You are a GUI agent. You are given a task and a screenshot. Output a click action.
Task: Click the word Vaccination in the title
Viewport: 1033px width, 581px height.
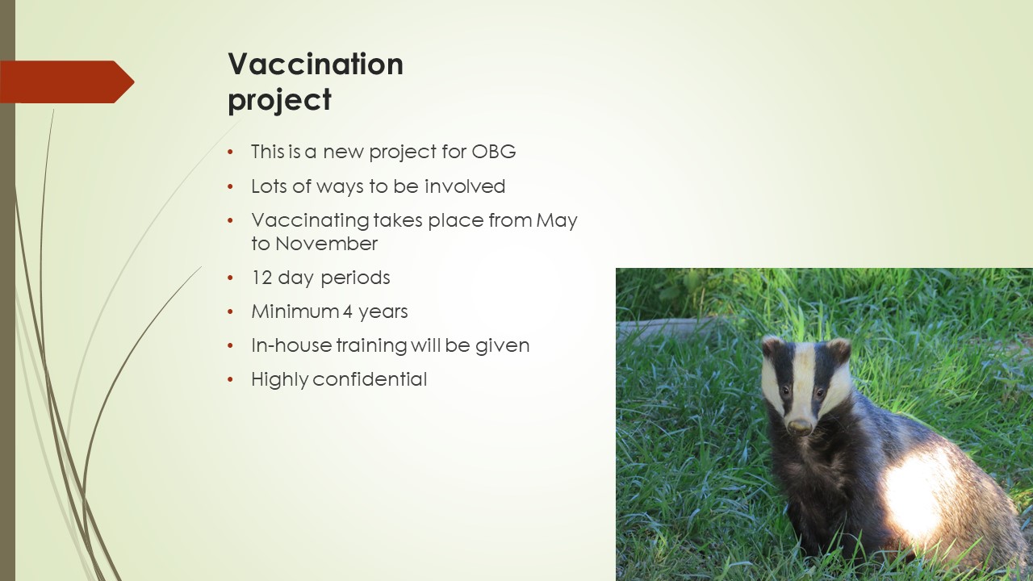(316, 64)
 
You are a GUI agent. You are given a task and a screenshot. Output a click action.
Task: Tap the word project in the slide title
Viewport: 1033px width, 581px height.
(279, 100)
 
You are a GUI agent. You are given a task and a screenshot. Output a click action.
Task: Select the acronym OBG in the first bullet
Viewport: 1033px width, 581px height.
(493, 152)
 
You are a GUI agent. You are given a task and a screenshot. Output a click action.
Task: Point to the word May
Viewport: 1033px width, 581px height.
(557, 221)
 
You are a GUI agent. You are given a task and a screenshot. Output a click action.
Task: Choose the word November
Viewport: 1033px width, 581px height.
(327, 244)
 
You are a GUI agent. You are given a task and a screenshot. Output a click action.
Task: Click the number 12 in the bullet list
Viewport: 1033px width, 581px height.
(262, 278)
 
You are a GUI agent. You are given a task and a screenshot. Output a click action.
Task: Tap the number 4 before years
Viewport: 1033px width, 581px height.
(347, 311)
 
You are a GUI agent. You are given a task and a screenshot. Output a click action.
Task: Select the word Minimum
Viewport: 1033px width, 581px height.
(295, 311)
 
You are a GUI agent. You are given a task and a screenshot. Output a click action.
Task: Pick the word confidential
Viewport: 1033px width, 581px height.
(370, 379)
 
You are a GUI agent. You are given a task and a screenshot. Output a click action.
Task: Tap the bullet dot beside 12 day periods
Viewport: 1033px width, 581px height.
(231, 278)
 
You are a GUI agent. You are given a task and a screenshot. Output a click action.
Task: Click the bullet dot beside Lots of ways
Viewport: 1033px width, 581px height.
(231, 186)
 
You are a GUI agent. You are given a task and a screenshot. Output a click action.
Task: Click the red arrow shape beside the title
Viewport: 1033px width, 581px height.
(67, 82)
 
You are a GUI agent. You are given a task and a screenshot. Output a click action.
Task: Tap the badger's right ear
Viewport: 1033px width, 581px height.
(771, 346)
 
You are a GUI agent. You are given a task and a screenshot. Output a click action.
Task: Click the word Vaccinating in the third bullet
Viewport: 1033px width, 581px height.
(311, 221)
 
